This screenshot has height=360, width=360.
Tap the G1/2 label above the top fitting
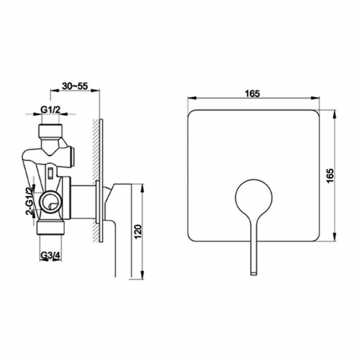coord(50,110)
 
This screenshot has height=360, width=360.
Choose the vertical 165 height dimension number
coord(330,177)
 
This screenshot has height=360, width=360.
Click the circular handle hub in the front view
coord(254,197)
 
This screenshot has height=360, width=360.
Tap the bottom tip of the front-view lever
coord(254,271)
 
